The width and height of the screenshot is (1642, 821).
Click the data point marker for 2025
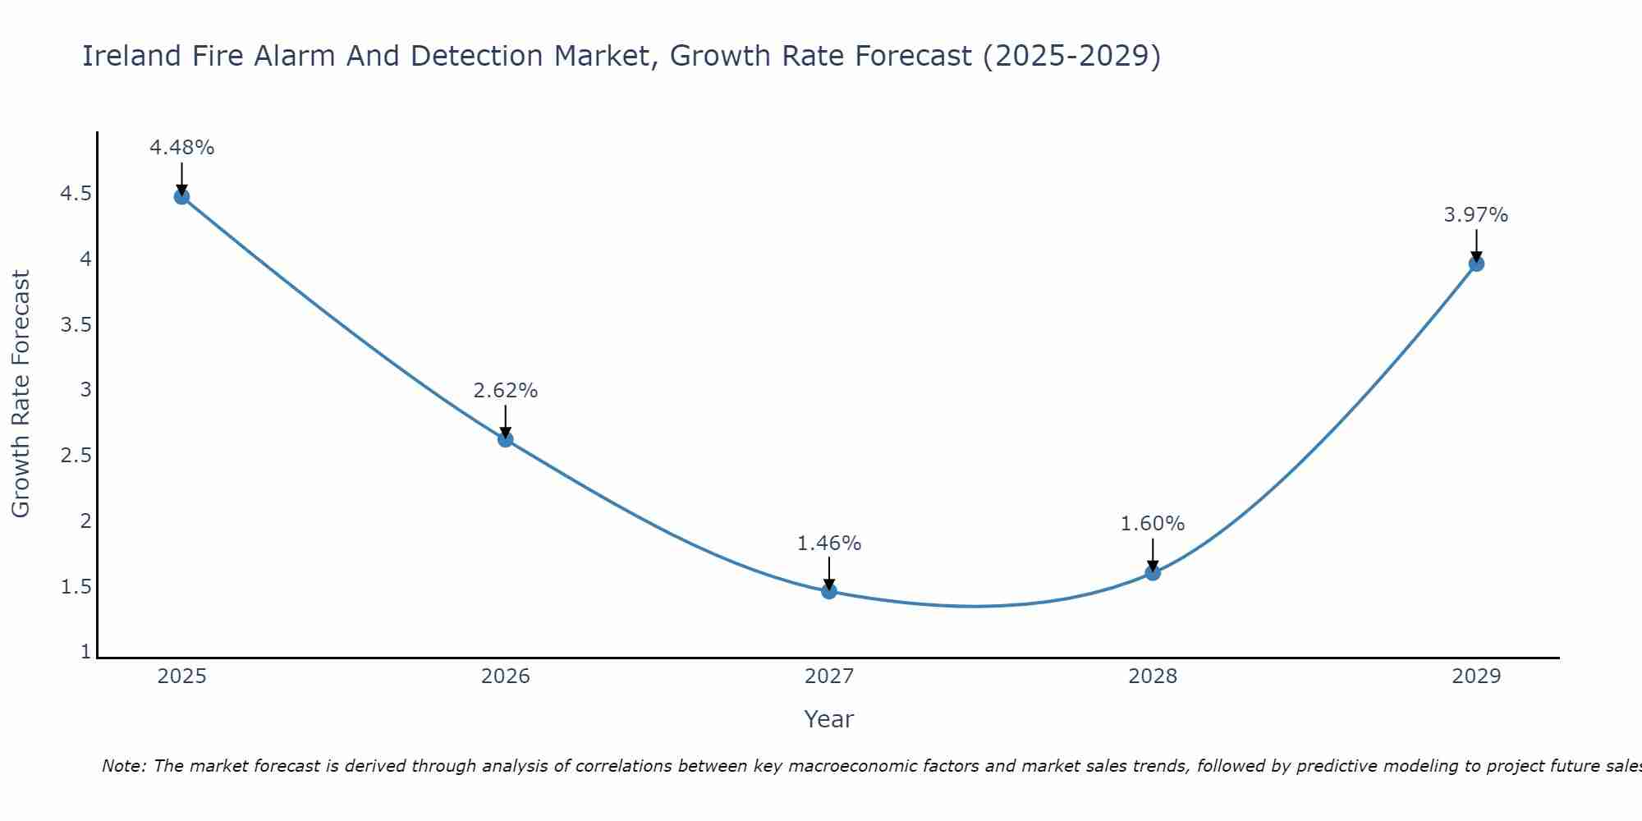[181, 196]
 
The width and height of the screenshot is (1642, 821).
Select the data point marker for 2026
[506, 439]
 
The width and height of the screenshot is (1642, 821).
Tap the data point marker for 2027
[829, 591]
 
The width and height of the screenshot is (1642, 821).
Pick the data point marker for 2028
[1153, 572]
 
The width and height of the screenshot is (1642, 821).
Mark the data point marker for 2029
[1476, 264]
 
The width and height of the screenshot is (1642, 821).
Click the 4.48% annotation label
[181, 148]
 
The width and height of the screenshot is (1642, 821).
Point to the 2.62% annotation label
[506, 391]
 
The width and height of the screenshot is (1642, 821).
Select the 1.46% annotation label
[829, 544]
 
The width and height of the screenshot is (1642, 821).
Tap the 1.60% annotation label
[1153, 524]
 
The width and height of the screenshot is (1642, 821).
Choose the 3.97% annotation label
[1476, 215]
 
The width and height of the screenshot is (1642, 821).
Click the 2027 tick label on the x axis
[829, 677]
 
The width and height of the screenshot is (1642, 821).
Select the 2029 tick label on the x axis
[1476, 677]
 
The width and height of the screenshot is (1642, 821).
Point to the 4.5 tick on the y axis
[76, 194]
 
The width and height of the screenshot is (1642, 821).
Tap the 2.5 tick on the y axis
[76, 456]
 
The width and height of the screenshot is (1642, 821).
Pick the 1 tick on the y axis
[85, 652]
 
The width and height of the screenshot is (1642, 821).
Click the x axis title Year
[829, 719]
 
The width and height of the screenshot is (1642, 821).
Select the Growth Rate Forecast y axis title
[21, 394]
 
